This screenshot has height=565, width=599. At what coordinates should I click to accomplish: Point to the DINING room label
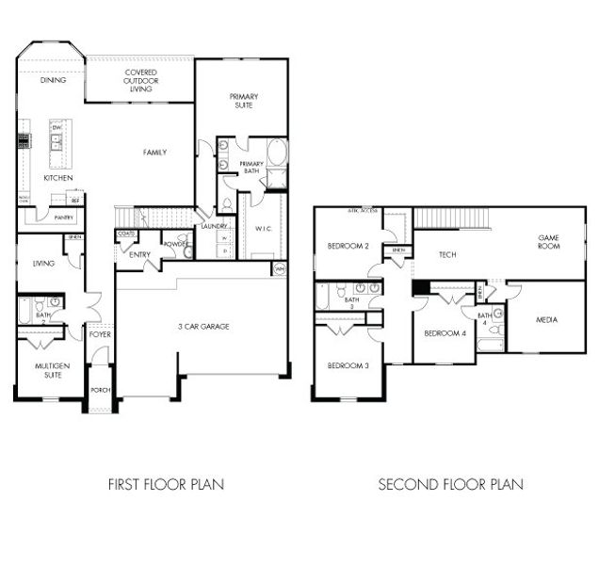pyautogui.click(x=53, y=81)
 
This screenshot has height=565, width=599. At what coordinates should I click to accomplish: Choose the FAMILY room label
pyautogui.click(x=155, y=152)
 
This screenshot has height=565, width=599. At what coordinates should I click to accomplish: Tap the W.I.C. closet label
pyautogui.click(x=263, y=228)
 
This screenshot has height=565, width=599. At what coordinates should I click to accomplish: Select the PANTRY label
pyautogui.click(x=63, y=218)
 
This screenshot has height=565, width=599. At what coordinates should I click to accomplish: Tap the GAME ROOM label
pyautogui.click(x=548, y=241)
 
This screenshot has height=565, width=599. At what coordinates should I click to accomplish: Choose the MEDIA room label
pyautogui.click(x=545, y=320)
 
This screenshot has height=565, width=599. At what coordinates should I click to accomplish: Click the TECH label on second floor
pyautogui.click(x=447, y=254)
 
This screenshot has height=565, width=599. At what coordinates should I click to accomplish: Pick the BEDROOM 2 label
pyautogui.click(x=348, y=246)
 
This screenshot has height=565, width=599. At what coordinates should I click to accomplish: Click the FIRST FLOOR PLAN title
pyautogui.click(x=166, y=485)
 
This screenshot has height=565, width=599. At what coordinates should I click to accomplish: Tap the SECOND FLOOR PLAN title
pyautogui.click(x=450, y=485)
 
